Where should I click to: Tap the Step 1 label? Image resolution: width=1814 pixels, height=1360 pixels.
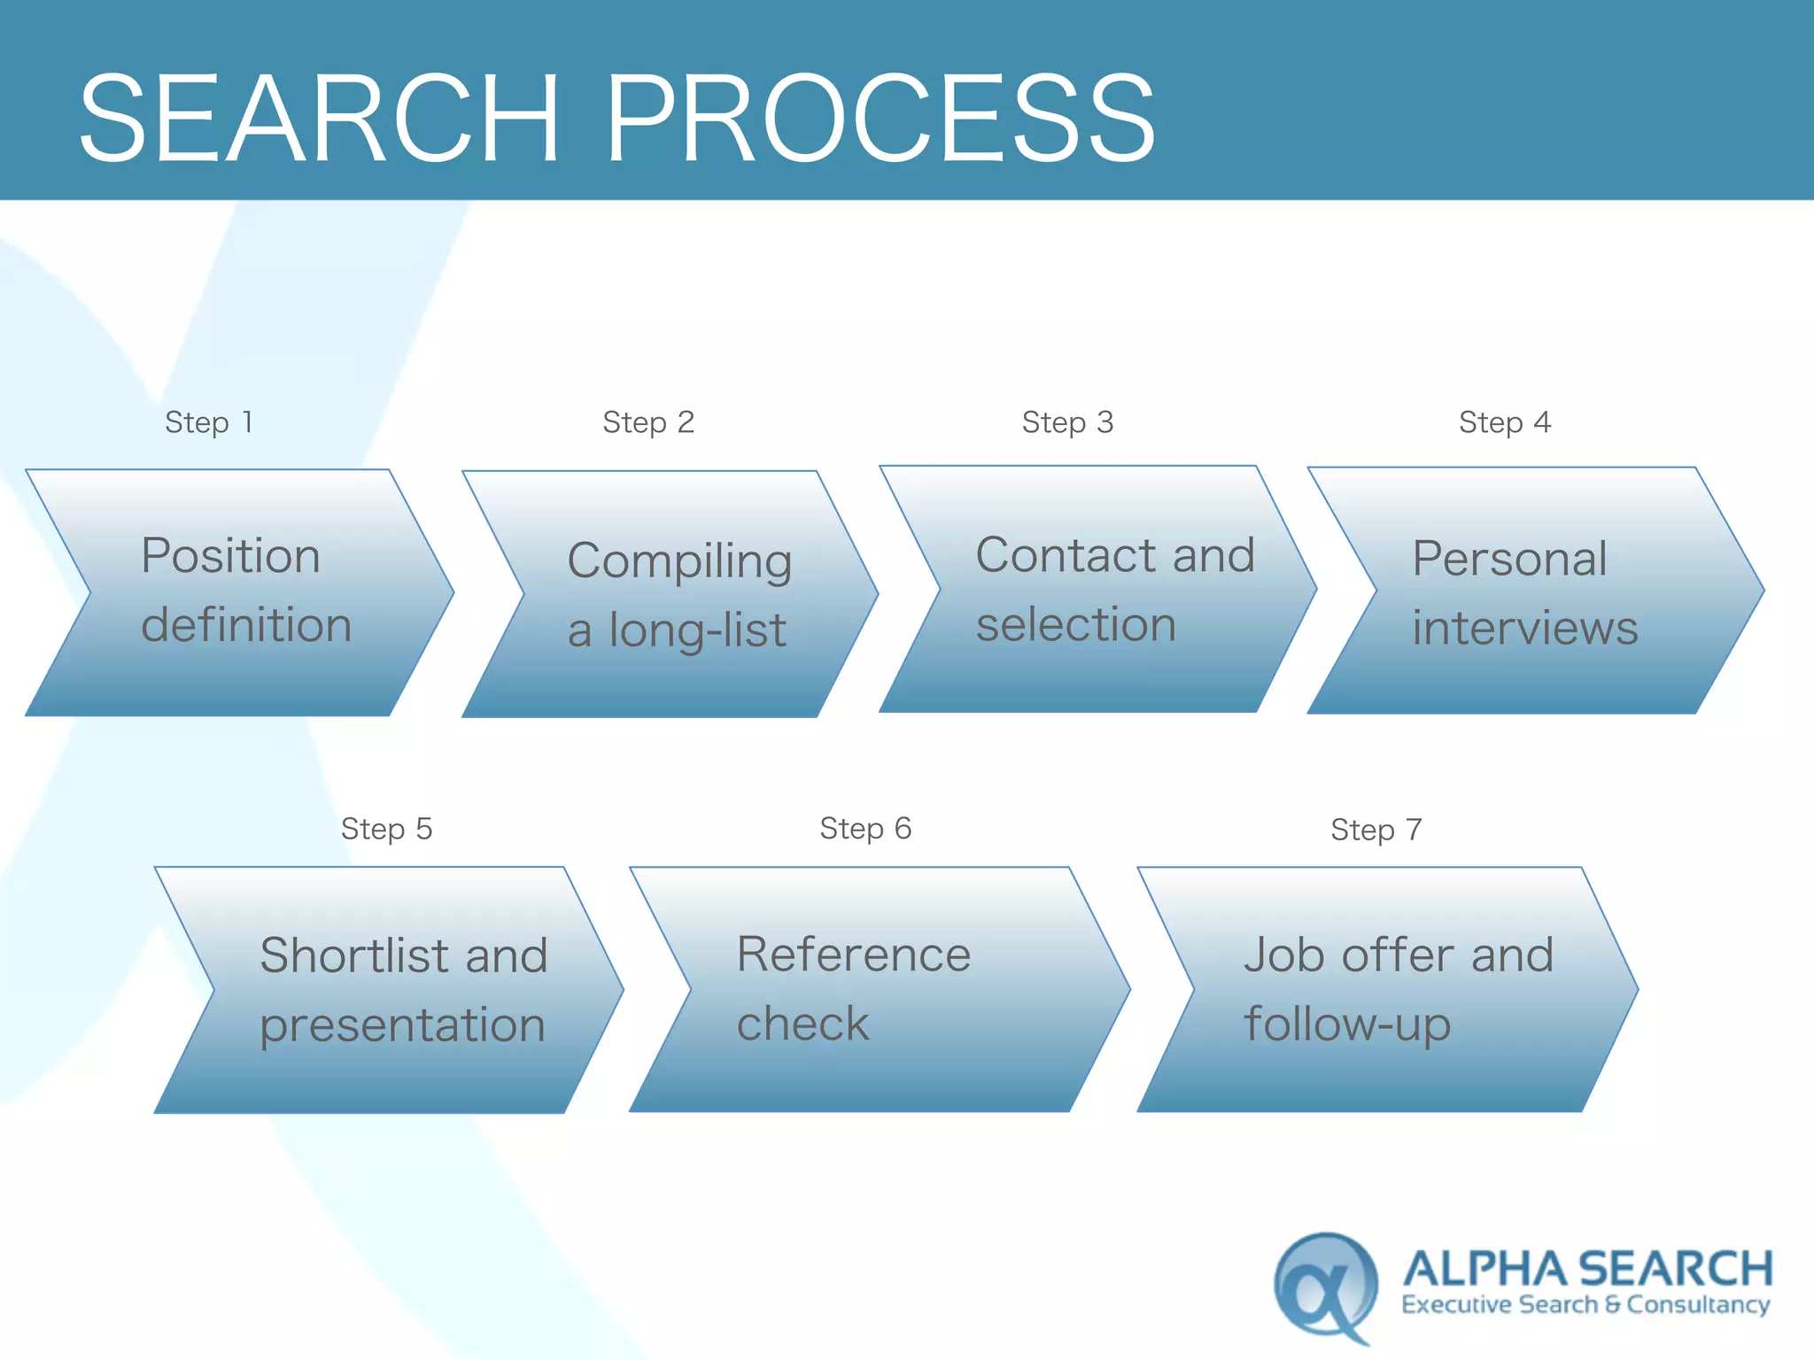point(209,422)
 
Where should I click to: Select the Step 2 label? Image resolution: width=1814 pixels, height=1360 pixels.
point(648,422)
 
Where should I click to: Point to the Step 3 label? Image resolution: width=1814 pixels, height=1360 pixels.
point(1067,422)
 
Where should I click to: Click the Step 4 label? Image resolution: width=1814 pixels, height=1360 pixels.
point(1505,422)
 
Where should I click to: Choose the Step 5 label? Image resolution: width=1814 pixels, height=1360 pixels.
point(387,829)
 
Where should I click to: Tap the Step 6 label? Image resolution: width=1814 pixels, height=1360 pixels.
point(865,828)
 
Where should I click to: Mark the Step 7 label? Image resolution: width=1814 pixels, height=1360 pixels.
point(1376,830)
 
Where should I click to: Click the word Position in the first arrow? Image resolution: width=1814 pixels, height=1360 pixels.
point(230,556)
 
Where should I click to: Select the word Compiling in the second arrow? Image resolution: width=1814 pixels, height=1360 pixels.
point(679,561)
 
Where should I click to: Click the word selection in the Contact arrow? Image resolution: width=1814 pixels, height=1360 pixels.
point(1076,624)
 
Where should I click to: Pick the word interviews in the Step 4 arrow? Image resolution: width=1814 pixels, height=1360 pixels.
point(1524,628)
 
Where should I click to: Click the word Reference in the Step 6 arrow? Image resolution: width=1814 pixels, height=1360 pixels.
point(854,954)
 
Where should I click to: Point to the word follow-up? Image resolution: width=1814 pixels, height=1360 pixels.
point(1347,1025)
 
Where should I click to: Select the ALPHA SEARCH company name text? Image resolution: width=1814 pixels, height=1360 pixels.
point(1587,1268)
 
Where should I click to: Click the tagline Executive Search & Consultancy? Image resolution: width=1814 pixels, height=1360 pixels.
point(1585,1304)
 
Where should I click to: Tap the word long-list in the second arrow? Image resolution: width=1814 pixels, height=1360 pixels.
point(697,630)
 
